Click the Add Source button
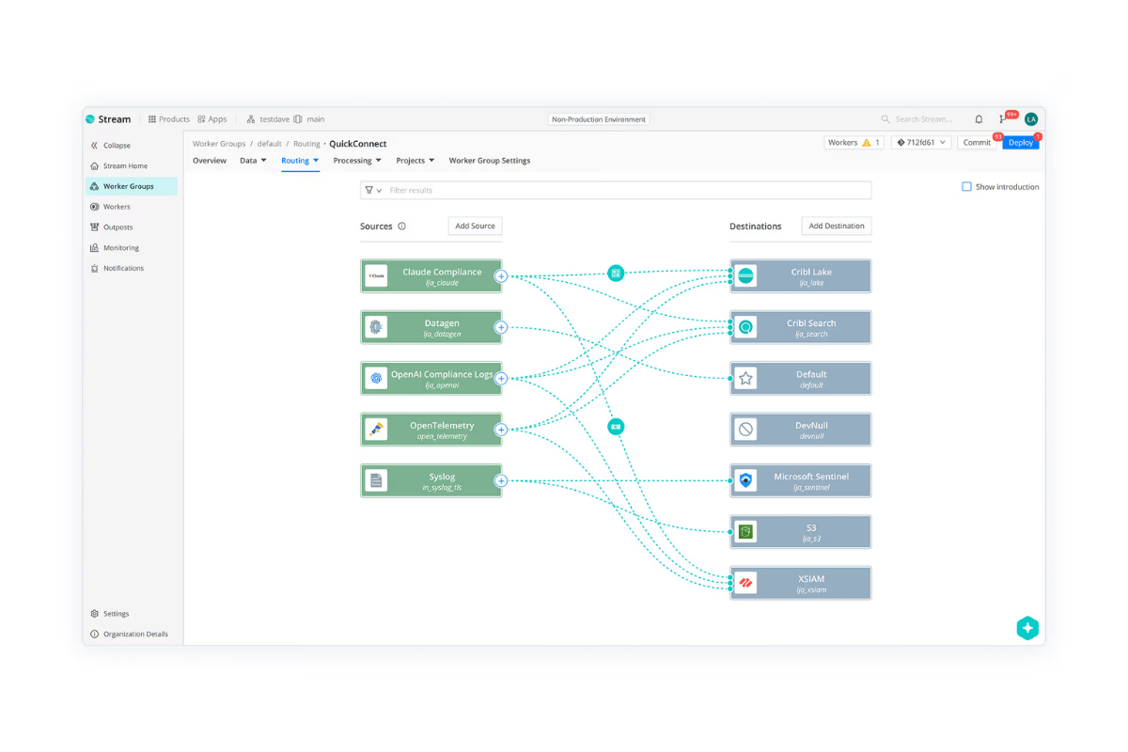pyautogui.click(x=475, y=226)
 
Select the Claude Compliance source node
pyautogui.click(x=431, y=276)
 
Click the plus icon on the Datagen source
pyautogui.click(x=501, y=327)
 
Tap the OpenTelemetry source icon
pyautogui.click(x=376, y=430)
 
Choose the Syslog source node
pyautogui.click(x=431, y=480)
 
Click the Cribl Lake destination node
pyautogui.click(x=801, y=276)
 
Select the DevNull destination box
pyautogui.click(x=801, y=430)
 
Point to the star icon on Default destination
pyautogui.click(x=745, y=378)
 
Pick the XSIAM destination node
pyautogui.click(x=801, y=583)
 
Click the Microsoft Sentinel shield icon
pyautogui.click(x=745, y=480)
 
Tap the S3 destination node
pyautogui.click(x=801, y=531)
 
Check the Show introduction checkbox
pyautogui.click(x=966, y=186)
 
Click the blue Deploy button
pyautogui.click(x=1021, y=143)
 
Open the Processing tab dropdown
pyautogui.click(x=357, y=161)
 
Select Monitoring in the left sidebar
pyautogui.click(x=121, y=248)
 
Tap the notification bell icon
pyautogui.click(x=979, y=119)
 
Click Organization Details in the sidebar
pyautogui.click(x=135, y=634)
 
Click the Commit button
pyautogui.click(x=977, y=143)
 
